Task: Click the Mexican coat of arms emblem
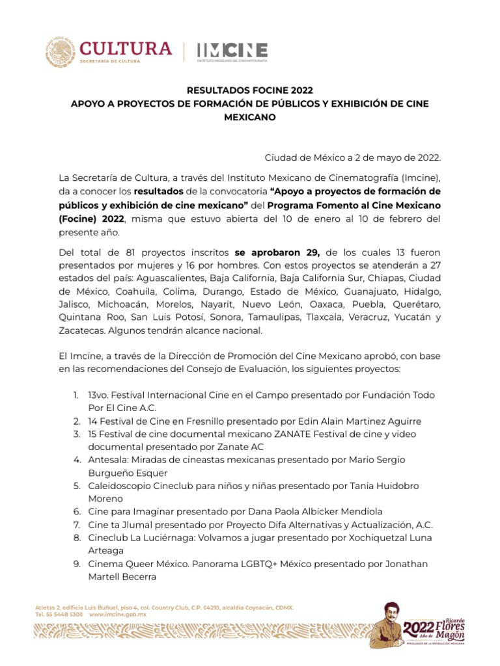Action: point(60,51)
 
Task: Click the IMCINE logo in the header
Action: point(232,51)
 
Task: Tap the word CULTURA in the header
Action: point(126,48)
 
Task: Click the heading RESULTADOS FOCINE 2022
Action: point(250,91)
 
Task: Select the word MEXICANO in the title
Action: point(250,118)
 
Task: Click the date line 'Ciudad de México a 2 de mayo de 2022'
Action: point(352,158)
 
